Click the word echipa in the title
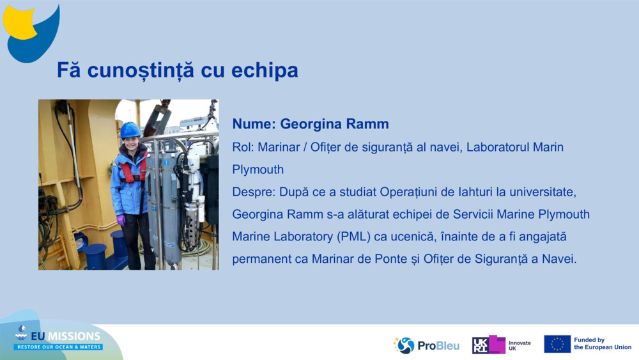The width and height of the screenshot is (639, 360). [265, 70]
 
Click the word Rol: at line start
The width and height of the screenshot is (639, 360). [243, 147]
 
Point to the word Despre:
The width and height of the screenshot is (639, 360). [254, 192]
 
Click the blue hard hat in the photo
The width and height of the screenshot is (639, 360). [130, 130]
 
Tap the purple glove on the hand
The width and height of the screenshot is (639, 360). [121, 221]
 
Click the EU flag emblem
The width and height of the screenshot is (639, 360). [557, 344]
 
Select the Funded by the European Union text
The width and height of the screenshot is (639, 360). [603, 343]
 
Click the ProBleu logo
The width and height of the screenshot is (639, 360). [426, 345]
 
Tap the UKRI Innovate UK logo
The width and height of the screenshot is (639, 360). [501, 345]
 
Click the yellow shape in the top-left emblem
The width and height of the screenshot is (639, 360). [18, 23]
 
